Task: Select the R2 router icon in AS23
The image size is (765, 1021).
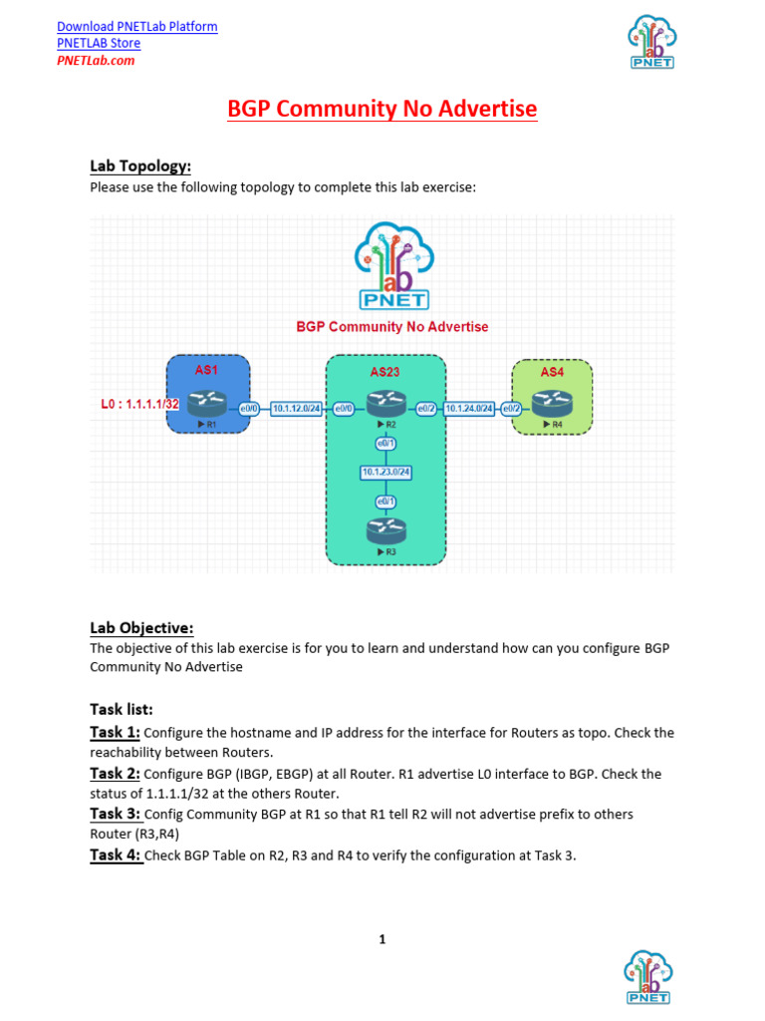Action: point(383,403)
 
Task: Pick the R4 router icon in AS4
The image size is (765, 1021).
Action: point(551,403)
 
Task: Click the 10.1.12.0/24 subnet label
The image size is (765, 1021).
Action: point(297,408)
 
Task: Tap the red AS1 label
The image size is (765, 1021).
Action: point(207,370)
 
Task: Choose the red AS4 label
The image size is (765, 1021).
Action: point(552,371)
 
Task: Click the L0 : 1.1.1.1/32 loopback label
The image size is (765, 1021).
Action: point(138,404)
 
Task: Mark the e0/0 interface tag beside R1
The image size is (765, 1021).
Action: point(248,408)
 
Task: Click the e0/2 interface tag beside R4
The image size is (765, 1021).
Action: point(511,408)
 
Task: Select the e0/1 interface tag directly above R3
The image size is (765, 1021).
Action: point(384,501)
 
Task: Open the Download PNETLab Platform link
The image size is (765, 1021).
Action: point(137,26)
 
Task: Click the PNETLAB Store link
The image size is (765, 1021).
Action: point(99,43)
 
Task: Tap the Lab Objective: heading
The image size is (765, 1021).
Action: point(141,627)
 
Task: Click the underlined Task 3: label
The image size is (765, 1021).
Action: point(117,814)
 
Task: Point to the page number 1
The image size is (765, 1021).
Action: point(382,938)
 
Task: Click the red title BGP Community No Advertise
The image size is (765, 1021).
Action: point(382,109)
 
